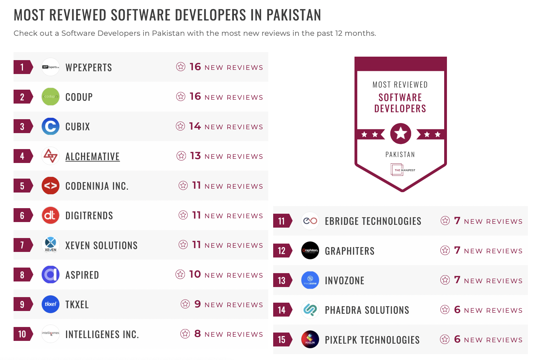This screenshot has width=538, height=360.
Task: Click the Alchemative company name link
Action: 92,156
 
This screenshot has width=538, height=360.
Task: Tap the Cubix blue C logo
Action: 50,126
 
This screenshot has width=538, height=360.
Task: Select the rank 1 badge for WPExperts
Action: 23,67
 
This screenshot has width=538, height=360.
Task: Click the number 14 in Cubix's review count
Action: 195,126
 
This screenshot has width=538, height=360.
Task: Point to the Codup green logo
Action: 50,97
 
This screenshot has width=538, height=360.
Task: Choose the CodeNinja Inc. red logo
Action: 50,186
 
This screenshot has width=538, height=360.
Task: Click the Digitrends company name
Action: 89,216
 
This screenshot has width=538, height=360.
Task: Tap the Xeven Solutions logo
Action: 50,245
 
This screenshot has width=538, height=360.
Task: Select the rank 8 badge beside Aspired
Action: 23,275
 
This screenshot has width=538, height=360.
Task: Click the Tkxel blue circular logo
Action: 50,304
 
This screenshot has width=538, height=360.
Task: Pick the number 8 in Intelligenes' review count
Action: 197,334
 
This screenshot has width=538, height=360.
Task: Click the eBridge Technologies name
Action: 373,221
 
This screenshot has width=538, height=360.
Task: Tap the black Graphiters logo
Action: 310,251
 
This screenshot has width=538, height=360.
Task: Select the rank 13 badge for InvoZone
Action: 282,280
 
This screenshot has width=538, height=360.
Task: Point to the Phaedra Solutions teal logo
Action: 310,310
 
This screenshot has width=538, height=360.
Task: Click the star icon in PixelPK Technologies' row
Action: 445,339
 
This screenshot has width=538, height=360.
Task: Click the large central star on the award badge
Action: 401,133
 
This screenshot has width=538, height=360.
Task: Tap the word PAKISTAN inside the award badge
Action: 400,155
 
